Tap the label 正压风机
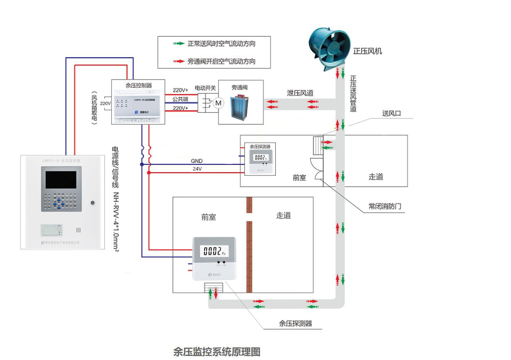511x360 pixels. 367,51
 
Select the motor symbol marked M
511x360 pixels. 218,103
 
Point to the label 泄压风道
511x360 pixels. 300,93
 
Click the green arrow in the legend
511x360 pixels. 178,44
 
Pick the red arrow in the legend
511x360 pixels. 178,61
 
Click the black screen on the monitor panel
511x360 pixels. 61,180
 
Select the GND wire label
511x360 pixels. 197,161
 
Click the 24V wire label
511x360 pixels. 197,169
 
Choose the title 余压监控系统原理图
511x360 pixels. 216,351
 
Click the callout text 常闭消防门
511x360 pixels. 384,206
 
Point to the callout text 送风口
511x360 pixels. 391,114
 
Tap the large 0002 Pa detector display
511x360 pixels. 214,251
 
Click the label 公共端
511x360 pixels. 180,99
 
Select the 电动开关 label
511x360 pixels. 205,88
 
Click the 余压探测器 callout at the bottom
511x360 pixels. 295,324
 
